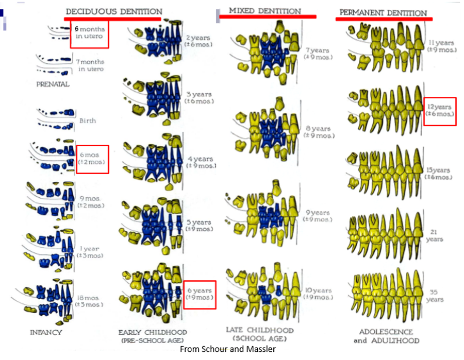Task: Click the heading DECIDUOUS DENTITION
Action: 113,11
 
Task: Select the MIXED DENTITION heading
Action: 264,11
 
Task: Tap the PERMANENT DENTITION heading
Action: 383,13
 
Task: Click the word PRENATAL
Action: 53,83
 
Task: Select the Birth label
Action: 88,121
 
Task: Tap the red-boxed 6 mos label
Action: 92,158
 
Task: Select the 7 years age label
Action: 317,53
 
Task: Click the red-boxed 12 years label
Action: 440,111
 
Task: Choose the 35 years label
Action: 434,295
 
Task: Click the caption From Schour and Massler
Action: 227,350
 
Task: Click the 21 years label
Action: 434,235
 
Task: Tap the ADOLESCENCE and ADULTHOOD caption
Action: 386,336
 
